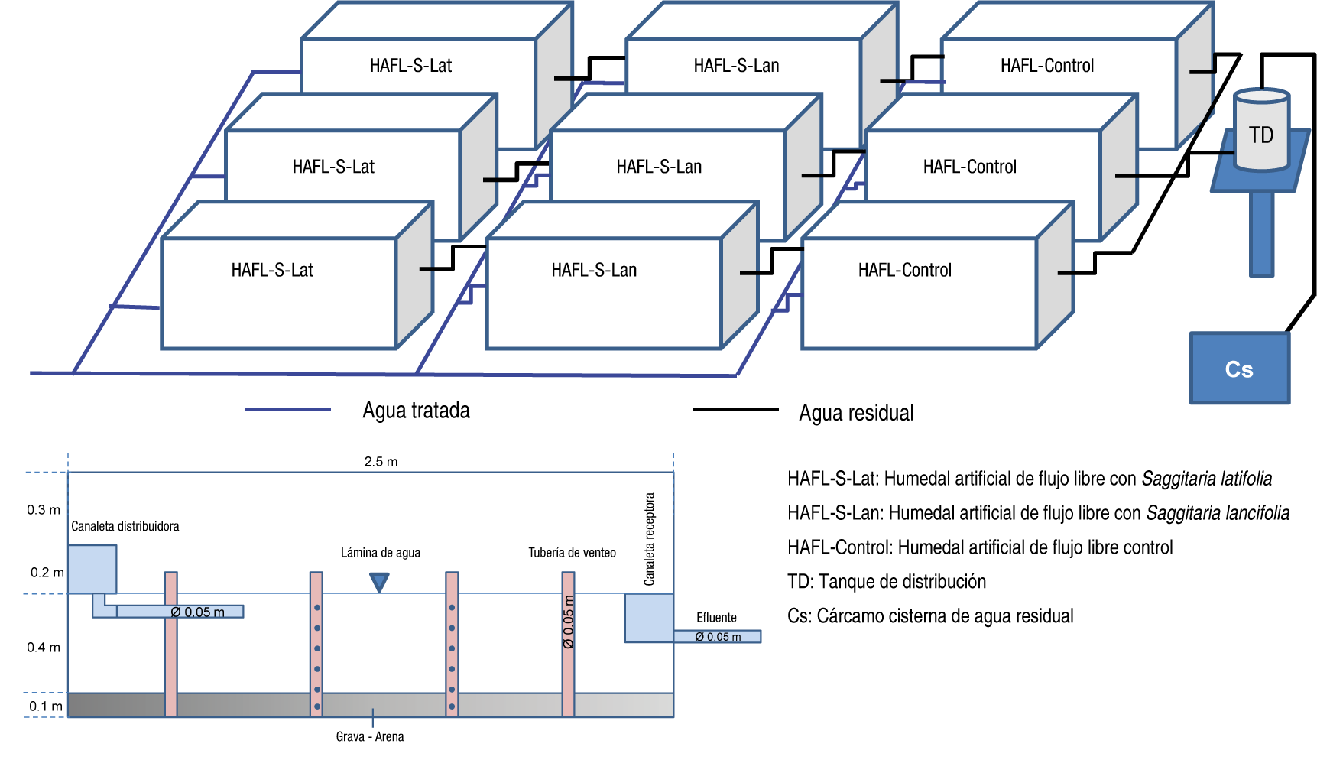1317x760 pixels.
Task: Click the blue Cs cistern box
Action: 1239,369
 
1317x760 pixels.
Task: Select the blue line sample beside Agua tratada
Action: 287,410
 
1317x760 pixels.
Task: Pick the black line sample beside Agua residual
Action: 735,410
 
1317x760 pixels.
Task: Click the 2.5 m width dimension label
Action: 381,462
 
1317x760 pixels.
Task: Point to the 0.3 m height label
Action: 44,510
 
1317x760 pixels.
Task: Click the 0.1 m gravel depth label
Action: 45,706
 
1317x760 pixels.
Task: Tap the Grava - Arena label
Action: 370,737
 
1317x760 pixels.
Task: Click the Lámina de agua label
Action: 381,553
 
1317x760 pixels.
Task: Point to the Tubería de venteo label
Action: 572,553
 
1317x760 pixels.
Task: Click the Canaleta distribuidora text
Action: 125,527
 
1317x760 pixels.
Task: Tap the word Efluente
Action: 716,618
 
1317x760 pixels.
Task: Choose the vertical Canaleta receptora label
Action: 650,539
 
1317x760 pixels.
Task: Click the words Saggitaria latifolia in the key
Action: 1206,479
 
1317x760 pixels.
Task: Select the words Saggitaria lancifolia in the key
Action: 1218,514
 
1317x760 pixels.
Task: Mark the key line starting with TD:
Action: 887,582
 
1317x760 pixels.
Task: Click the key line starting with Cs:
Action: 930,616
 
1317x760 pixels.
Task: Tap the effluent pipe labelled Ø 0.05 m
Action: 718,637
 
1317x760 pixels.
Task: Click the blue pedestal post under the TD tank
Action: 1261,233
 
